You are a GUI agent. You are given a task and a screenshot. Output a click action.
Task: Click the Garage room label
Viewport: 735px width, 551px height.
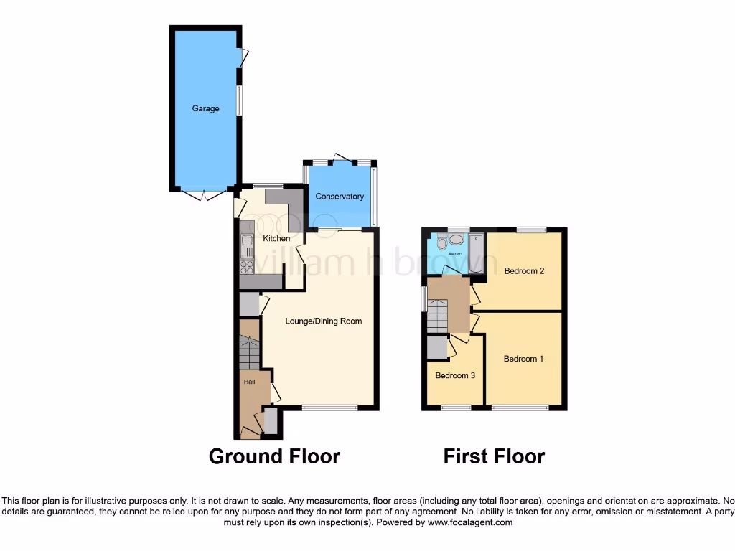click(x=205, y=109)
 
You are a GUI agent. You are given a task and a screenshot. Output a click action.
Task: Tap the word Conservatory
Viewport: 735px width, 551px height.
click(x=340, y=197)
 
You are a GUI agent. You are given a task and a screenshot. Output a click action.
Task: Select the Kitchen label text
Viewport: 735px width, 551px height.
click(x=276, y=238)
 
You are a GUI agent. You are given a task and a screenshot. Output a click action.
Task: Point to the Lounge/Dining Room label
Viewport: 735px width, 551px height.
click(x=324, y=321)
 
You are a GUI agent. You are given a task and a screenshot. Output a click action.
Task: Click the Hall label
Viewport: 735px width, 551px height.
click(x=249, y=382)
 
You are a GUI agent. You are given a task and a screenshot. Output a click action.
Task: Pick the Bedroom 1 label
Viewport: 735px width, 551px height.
click(x=523, y=359)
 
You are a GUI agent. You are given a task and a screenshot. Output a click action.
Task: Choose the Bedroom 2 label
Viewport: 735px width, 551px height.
click(x=524, y=271)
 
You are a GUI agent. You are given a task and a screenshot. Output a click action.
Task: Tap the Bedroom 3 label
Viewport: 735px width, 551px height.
click(x=455, y=375)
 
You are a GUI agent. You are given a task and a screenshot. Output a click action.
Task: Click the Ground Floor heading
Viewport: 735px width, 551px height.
click(x=274, y=456)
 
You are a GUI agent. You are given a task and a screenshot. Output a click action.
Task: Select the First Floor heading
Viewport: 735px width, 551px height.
click(x=494, y=456)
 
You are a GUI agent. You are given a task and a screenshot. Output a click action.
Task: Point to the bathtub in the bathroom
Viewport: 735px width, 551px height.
click(x=477, y=253)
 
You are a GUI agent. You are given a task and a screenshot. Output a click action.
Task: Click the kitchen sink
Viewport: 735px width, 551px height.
click(x=247, y=245)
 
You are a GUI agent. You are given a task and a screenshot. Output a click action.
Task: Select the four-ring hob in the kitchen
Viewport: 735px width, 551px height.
click(x=247, y=267)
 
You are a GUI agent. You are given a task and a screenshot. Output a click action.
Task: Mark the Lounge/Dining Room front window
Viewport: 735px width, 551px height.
click(x=330, y=408)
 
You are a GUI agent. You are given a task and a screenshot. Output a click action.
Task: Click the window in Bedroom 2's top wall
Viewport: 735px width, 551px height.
click(x=531, y=230)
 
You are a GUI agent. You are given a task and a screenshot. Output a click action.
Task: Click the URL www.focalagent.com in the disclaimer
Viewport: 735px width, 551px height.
click(x=472, y=523)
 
